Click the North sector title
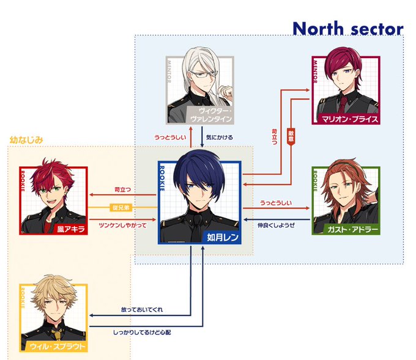347,28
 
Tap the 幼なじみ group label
26,140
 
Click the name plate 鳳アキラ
71,229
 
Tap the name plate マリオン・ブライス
353,119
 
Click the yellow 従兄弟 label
121,208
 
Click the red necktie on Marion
344,102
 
